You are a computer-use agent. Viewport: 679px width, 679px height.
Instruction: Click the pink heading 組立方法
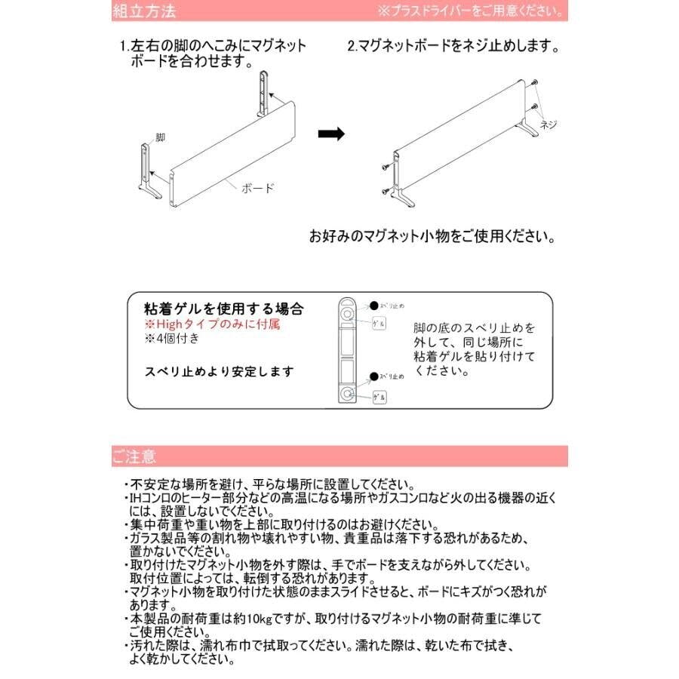[144, 11]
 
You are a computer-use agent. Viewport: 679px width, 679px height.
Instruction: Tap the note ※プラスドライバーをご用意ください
[469, 12]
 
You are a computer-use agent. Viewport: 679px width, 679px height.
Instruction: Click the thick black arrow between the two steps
[330, 134]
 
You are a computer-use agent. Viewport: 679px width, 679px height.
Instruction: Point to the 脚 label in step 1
[160, 138]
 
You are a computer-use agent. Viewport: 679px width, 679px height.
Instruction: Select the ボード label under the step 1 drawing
[258, 189]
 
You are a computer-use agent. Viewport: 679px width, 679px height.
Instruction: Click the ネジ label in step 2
[548, 126]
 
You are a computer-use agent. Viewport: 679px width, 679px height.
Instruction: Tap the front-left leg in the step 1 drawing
[147, 174]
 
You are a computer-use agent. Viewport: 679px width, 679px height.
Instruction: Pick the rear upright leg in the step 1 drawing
[263, 94]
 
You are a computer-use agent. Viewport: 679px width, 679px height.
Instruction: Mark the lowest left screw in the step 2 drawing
[387, 189]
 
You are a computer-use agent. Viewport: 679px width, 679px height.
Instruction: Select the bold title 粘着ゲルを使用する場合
[223, 309]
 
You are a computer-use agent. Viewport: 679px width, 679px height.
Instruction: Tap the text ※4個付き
[173, 338]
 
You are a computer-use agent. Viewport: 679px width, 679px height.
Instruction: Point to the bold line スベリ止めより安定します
[219, 371]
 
